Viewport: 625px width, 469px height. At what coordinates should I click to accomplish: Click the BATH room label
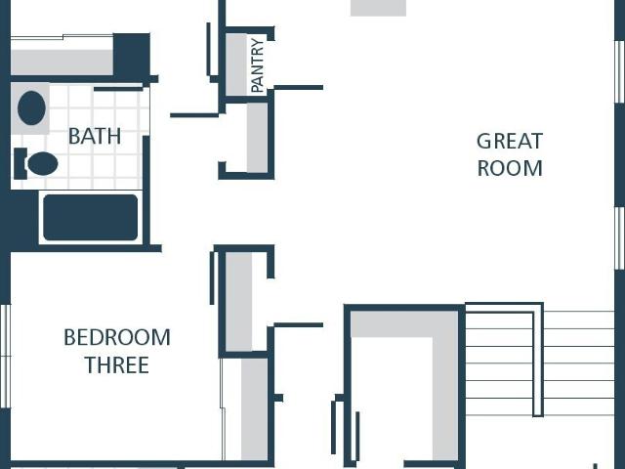click(x=95, y=137)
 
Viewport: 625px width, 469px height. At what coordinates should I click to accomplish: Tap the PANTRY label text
click(x=258, y=65)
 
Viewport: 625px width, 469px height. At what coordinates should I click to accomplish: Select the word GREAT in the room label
click(x=510, y=141)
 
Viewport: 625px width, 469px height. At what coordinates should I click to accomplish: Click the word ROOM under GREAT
click(x=510, y=168)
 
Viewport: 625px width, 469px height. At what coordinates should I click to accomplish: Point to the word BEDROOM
click(x=117, y=337)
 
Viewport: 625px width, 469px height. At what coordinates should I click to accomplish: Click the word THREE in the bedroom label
click(x=117, y=365)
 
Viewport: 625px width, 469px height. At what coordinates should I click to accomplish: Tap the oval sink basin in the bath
click(x=31, y=108)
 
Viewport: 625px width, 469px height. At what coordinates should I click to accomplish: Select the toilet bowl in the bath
click(x=43, y=163)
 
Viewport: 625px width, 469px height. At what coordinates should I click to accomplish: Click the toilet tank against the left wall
click(x=21, y=163)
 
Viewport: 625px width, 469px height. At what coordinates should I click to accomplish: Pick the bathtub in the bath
click(x=91, y=217)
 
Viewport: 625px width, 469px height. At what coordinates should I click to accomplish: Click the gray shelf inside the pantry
click(x=236, y=64)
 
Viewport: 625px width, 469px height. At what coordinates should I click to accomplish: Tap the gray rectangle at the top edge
click(x=378, y=8)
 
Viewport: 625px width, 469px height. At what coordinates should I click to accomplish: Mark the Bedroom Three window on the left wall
click(x=5, y=356)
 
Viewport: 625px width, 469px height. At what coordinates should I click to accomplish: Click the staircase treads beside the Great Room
click(x=540, y=362)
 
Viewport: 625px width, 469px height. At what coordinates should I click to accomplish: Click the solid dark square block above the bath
click(x=132, y=55)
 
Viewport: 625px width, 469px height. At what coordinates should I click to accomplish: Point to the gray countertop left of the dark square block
click(x=62, y=63)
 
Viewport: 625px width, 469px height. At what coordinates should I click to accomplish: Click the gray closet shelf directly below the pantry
click(x=257, y=138)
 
